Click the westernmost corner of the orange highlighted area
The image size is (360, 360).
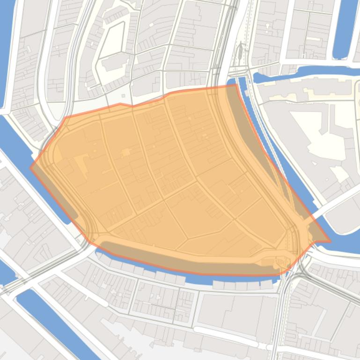pos(31,167)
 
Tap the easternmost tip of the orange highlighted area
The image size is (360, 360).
pos(330,242)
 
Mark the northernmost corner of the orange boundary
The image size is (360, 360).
pos(235,85)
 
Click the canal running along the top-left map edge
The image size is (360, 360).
pos(7,47)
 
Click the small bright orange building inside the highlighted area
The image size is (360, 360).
pos(126,152)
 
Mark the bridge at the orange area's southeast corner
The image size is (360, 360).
pos(300,262)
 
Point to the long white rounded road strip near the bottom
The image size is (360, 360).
pos(229,337)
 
